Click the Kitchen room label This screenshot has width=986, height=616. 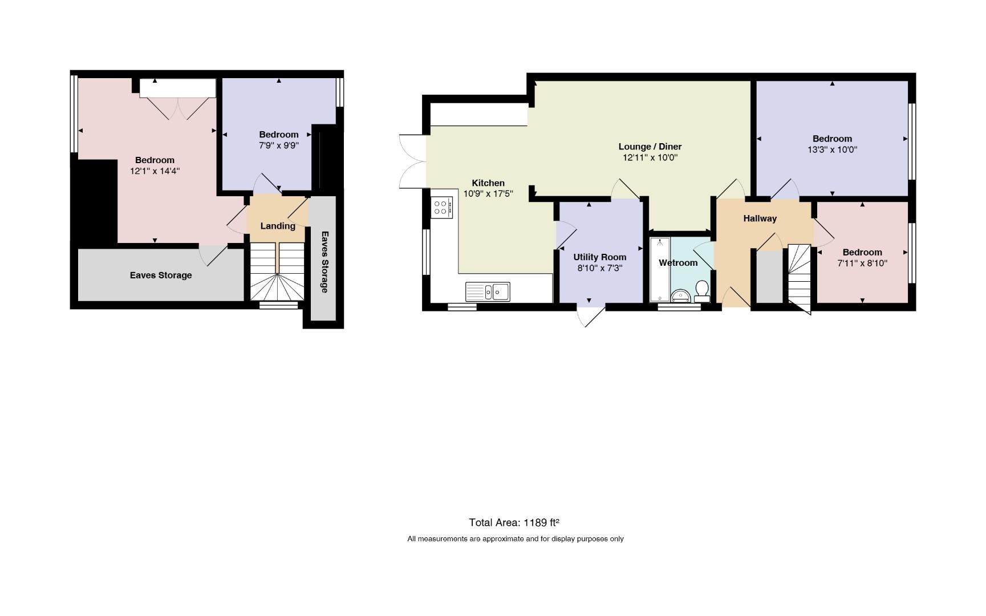pyautogui.click(x=488, y=183)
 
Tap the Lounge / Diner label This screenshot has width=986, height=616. pyautogui.click(x=650, y=147)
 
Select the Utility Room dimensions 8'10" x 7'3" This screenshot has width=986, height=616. pyautogui.click(x=599, y=268)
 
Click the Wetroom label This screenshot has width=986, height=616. pyautogui.click(x=678, y=263)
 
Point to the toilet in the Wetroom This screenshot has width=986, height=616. pyautogui.click(x=702, y=291)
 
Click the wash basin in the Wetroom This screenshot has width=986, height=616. pyautogui.click(x=680, y=295)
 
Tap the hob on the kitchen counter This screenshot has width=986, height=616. pyautogui.click(x=442, y=207)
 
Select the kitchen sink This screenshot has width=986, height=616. pyautogui.click(x=488, y=291)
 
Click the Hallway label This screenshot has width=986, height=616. pyautogui.click(x=760, y=218)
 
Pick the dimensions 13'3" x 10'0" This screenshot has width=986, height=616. pyautogui.click(x=832, y=149)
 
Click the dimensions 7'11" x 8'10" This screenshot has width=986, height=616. pyautogui.click(x=862, y=263)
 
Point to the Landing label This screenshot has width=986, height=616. pyautogui.click(x=278, y=226)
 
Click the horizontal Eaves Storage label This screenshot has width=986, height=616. pyautogui.click(x=161, y=275)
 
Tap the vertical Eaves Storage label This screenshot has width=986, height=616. pyautogui.click(x=324, y=262)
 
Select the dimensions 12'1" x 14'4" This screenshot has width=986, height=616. pyautogui.click(x=155, y=171)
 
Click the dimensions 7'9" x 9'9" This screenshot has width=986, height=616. pyautogui.click(x=279, y=145)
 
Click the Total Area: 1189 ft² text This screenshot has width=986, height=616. pyautogui.click(x=514, y=522)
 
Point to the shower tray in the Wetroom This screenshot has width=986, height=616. pyautogui.click(x=660, y=269)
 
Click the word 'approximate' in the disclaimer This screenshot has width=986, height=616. pyautogui.click(x=503, y=539)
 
